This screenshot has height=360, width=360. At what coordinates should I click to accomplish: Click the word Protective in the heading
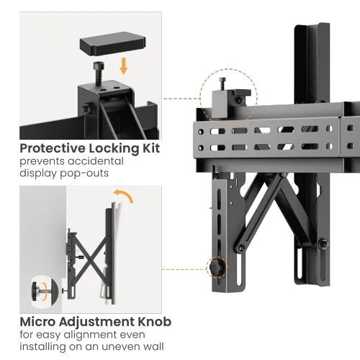[x=53, y=149]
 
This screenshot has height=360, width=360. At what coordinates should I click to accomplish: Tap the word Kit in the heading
[x=151, y=148]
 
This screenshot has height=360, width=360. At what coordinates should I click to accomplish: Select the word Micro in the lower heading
[x=37, y=322]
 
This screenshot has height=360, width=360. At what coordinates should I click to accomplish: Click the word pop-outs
[x=84, y=174]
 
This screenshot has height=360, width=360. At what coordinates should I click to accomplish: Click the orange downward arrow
[x=124, y=66]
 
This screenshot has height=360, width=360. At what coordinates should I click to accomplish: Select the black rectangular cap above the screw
[x=112, y=43]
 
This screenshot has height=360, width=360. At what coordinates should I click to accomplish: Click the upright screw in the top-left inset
[x=99, y=73]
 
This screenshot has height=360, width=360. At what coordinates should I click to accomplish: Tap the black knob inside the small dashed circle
[x=216, y=266]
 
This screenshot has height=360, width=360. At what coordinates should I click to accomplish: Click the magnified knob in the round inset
[x=40, y=291]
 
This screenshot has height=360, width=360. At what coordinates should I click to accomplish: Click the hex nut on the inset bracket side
[x=86, y=109]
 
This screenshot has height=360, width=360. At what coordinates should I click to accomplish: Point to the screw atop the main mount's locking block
[x=222, y=84]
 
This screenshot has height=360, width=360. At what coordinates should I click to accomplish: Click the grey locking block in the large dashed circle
[x=220, y=104]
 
